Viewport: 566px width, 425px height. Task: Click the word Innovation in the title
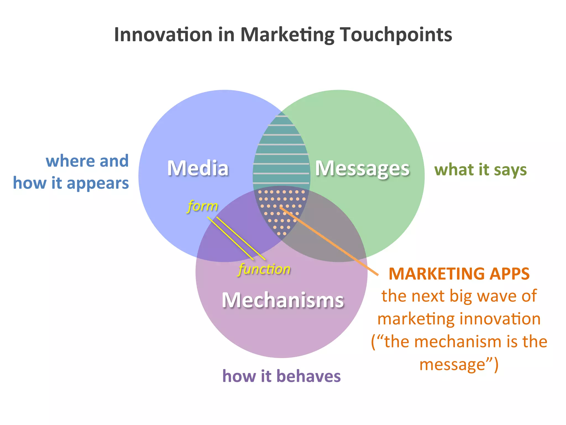(163, 35)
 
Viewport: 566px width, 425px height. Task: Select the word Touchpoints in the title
(396, 35)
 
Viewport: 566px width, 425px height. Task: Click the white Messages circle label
(362, 169)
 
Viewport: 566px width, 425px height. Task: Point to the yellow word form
(203, 206)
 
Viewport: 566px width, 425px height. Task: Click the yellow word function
(264, 269)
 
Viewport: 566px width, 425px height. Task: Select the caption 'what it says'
(480, 170)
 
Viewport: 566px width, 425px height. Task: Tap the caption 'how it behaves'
(281, 376)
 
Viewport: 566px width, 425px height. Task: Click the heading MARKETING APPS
(459, 274)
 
